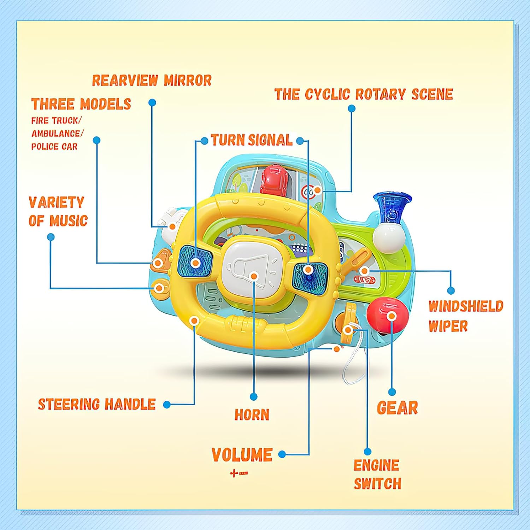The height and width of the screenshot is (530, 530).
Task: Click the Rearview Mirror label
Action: [152, 81]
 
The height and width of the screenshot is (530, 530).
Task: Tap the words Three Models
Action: [81, 104]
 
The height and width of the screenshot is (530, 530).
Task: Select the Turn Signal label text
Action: [252, 140]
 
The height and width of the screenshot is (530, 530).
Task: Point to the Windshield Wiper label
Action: [465, 316]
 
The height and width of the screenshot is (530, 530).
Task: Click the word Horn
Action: [252, 414]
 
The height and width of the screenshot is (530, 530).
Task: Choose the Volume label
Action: [242, 455]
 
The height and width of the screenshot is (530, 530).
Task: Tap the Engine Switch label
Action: [377, 474]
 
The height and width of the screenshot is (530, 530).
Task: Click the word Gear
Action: [397, 408]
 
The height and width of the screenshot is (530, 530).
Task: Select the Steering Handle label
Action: [97, 404]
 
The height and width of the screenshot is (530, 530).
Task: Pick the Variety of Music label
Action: [58, 211]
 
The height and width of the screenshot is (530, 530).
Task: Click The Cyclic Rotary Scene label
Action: [364, 94]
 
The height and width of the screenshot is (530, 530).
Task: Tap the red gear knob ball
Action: [387, 315]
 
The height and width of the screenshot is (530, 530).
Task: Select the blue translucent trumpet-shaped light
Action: [392, 207]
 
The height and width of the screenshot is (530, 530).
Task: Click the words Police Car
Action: [54, 147]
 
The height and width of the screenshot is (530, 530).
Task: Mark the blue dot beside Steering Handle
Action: [167, 405]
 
